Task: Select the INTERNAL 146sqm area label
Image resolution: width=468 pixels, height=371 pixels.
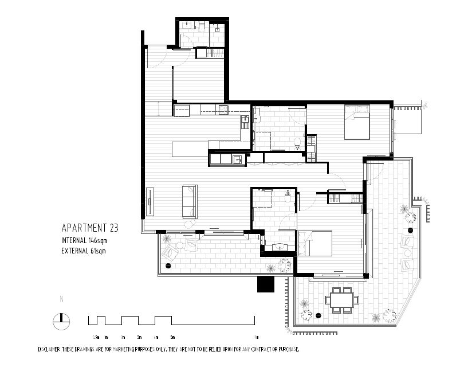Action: tap(84, 240)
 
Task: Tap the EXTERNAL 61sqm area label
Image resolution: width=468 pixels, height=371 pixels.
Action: tap(84, 250)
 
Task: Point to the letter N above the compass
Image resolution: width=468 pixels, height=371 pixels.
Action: tap(61, 299)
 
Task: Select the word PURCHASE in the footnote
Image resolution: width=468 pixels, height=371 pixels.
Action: tap(285, 349)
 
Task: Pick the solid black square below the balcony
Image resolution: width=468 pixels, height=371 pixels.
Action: tap(266, 284)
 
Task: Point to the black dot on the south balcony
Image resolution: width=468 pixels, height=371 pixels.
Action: tap(168, 265)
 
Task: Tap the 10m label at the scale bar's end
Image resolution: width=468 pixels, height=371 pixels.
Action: tap(255, 337)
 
